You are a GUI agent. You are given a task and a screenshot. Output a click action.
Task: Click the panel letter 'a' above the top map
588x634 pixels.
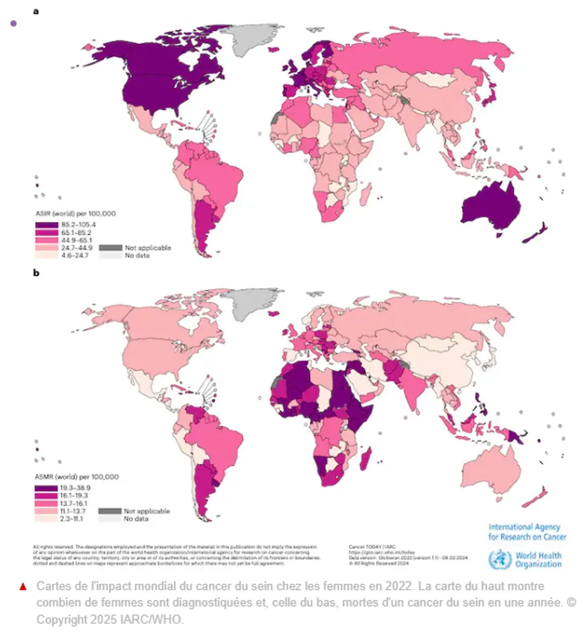tap(36, 11)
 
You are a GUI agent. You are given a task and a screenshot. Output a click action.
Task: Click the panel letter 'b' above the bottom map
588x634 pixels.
tap(36, 273)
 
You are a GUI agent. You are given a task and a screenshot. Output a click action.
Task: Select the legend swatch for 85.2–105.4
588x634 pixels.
tap(47, 225)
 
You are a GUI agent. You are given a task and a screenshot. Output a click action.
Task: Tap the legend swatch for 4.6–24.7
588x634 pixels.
tap(47, 255)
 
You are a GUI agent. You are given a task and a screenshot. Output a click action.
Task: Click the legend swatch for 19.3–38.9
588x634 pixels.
tap(46, 488)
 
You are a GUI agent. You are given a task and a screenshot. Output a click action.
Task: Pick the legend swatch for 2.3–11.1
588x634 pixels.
tap(46, 518)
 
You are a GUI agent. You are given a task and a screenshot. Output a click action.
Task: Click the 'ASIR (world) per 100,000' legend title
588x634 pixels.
tap(75, 214)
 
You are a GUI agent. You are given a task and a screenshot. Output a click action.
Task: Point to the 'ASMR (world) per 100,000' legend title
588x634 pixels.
tap(76, 477)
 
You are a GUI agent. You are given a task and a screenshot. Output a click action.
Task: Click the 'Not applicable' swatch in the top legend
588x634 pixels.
tap(110, 247)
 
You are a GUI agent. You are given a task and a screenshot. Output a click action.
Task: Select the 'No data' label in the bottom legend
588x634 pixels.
tap(135, 518)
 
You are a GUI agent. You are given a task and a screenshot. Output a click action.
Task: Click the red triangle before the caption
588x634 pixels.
tap(23, 586)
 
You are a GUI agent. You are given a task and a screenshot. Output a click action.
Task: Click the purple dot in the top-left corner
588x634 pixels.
tap(14, 23)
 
